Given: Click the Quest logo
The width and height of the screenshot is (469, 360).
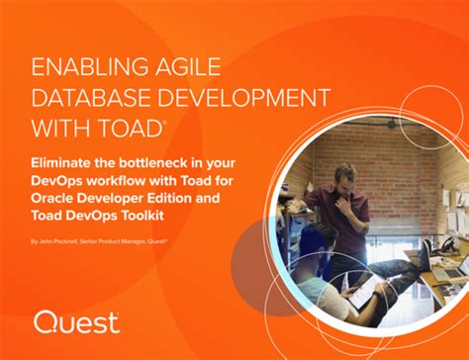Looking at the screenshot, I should pos(76,321).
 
